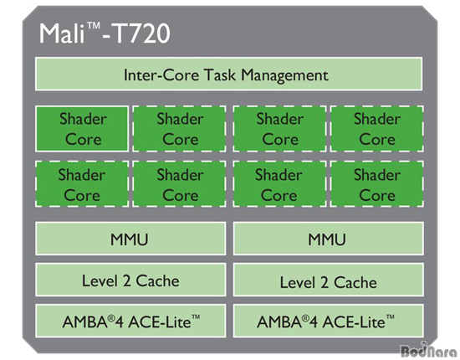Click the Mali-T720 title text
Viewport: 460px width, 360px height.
(105, 33)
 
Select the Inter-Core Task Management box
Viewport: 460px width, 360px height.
(229, 74)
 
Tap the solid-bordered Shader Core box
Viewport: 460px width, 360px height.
(82, 129)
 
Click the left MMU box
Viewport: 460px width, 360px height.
(130, 239)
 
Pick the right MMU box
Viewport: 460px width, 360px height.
(329, 239)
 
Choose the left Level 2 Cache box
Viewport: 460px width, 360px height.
(130, 280)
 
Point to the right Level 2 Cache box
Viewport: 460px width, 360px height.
(329, 280)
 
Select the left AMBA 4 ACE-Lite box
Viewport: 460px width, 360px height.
(130, 321)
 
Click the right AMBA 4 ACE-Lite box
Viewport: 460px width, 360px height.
(329, 321)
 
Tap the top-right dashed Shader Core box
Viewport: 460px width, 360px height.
(377, 129)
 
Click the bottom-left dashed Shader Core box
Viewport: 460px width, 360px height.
(82, 184)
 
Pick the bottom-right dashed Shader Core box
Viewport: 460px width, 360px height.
(377, 184)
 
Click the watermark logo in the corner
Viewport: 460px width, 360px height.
(429, 350)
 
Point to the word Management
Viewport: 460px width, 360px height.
(284, 75)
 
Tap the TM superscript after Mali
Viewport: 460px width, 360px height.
(94, 26)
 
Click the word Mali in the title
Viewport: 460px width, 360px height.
(63, 33)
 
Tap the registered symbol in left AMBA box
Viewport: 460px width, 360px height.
(111, 317)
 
